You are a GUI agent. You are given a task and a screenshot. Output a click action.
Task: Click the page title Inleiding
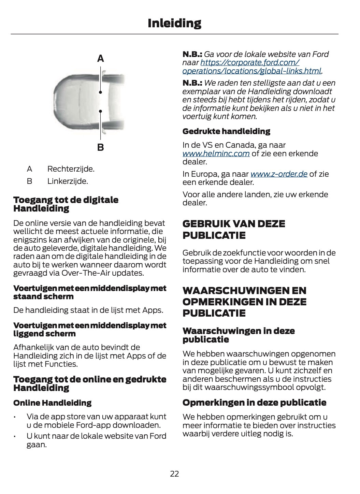[174, 23]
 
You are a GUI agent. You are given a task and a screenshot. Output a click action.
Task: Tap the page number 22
[174, 474]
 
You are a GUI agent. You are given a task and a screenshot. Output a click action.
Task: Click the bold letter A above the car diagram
[100, 59]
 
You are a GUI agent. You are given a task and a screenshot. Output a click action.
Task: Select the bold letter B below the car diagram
[100, 148]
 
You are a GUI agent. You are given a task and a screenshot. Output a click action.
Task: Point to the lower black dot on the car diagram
[101, 111]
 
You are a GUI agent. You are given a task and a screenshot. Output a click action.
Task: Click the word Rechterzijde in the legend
[71, 169]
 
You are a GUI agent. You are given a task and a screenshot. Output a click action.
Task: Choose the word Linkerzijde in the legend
[68, 181]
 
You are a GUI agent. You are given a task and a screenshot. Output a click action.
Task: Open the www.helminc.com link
[216, 154]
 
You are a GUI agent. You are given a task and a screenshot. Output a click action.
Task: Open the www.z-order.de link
[279, 174]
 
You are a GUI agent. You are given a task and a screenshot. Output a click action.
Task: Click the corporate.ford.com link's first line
[250, 63]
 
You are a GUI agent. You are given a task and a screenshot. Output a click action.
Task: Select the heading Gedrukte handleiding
[226, 131]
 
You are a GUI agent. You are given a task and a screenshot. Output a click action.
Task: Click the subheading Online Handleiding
[52, 403]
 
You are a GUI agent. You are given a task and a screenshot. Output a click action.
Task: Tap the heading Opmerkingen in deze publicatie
[254, 403]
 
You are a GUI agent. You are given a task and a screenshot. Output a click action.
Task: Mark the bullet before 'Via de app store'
[15, 417]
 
